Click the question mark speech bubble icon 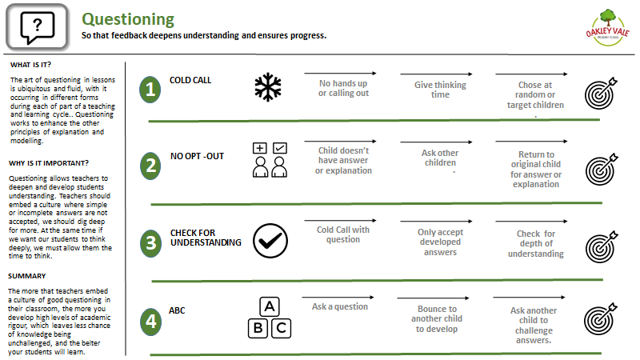coord(37,28)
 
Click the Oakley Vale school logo coord(608,28)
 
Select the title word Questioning coord(128,19)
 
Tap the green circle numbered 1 coord(150,89)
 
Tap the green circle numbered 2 coord(150,166)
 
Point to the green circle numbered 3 coord(150,243)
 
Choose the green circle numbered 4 coord(150,322)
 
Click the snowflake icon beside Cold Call coord(268,87)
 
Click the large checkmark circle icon coord(270,241)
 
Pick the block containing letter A coord(270,306)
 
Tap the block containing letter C coord(282,328)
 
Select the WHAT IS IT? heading coord(30,65)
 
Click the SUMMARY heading coord(27,276)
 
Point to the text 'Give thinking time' coord(440,90)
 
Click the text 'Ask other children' coord(440,158)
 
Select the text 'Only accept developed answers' coord(440,242)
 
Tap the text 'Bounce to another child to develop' coord(437,318)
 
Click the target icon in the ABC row coord(600,318)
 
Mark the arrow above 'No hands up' coord(340,74)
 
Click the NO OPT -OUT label coord(197,156)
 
